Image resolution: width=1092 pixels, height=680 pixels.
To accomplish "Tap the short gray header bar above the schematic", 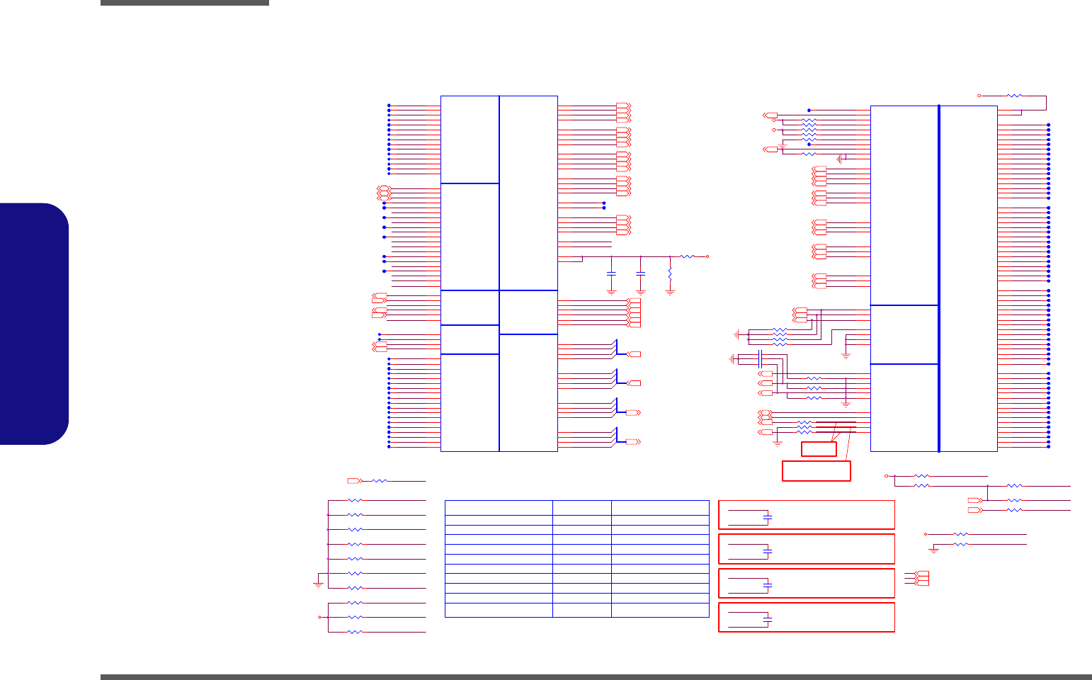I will (184, 3).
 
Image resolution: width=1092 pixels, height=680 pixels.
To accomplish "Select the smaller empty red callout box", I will (819, 449).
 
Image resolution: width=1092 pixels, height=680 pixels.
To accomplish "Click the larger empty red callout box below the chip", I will (816, 471).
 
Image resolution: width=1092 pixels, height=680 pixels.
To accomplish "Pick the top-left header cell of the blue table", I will (499, 507).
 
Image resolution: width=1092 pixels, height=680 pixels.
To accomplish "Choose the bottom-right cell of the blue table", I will (659, 611).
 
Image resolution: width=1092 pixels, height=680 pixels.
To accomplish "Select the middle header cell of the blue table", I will (581, 507).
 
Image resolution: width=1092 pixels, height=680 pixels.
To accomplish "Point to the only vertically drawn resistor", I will (670, 273).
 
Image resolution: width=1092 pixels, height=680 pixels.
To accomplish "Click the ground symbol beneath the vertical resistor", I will (670, 291).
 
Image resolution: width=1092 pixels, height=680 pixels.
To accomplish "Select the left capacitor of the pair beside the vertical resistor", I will (612, 273).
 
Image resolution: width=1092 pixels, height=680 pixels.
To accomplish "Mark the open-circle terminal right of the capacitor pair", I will (707, 256).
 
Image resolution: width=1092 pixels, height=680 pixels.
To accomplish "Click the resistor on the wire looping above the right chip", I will (1014, 95).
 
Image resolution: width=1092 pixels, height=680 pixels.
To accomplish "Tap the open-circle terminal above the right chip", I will (979, 95).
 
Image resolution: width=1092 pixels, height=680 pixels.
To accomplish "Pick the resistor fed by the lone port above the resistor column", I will (380, 481).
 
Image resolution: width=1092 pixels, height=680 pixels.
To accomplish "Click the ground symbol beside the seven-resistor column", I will (318, 584).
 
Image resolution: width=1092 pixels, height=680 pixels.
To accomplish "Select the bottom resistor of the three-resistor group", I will (356, 631).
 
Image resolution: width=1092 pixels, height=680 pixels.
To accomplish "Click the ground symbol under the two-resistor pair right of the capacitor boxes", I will (934, 550).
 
